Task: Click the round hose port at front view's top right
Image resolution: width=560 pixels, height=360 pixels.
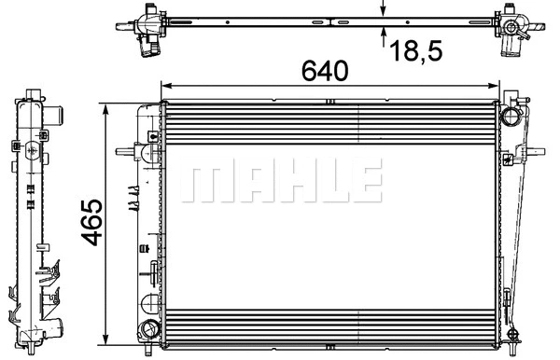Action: tap(511, 117)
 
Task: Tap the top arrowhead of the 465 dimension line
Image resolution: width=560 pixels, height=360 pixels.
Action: tap(109, 110)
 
